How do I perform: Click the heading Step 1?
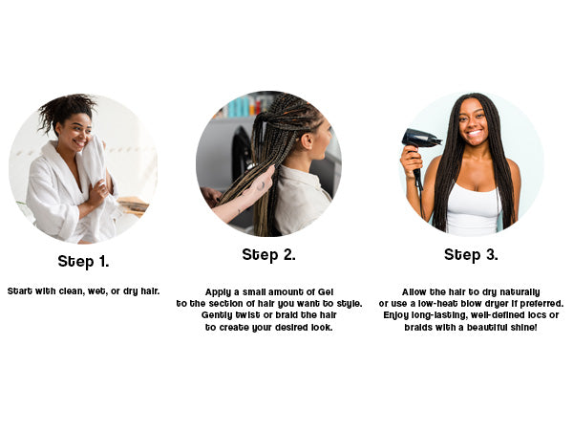pos(83,262)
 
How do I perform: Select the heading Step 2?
pos(268,255)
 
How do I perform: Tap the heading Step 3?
pos(471,255)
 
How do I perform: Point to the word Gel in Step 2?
pos(326,291)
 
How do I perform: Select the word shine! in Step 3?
pos(524,327)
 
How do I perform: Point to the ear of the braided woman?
pos(308,141)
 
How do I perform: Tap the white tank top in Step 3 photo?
pos(473,209)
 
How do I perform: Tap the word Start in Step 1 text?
pos(20,291)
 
